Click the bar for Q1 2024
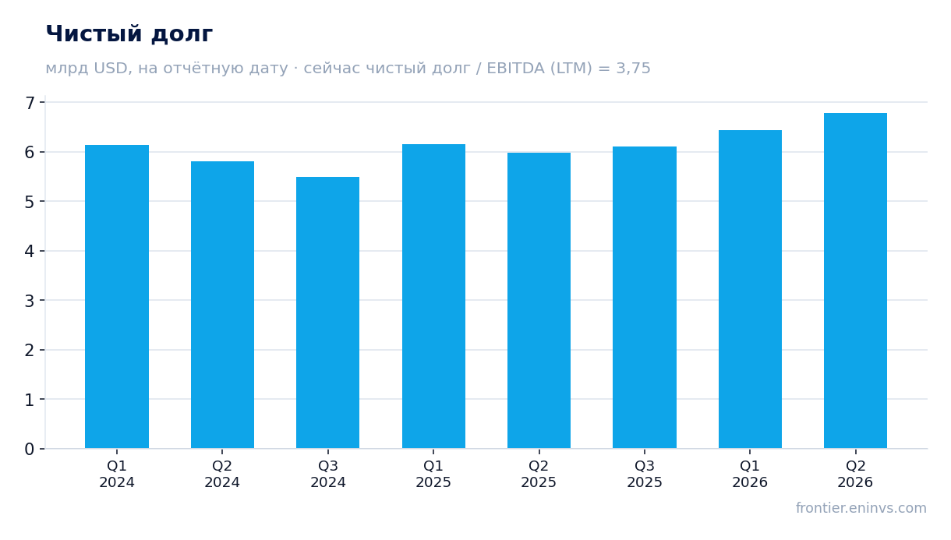tap(117, 297)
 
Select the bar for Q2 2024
tap(222, 305)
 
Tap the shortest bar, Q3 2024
tap(327, 312)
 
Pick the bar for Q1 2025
tap(433, 296)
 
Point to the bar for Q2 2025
tap(539, 301)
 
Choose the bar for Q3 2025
tap(645, 298)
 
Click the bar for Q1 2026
tap(750, 289)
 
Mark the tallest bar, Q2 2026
tap(855, 281)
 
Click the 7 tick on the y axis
tap(42, 102)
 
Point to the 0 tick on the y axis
tap(42, 449)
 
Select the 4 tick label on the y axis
tap(30, 252)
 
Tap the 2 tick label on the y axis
tap(30, 351)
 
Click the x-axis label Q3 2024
tap(327, 475)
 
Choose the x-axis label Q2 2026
tap(855, 475)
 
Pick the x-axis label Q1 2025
tap(433, 475)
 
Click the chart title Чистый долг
tap(129, 34)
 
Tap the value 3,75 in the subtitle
tap(633, 69)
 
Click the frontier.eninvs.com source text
tap(861, 508)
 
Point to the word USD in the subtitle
tap(111, 68)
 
